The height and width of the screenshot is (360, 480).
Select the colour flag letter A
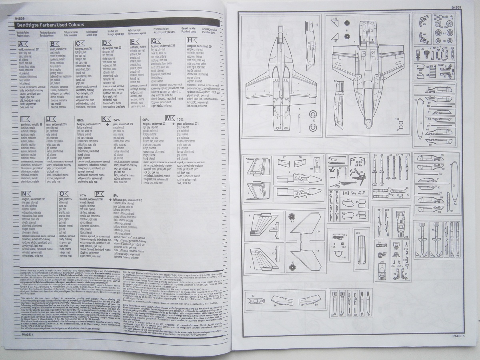[x=23, y=44]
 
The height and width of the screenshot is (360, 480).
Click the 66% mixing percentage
[x=80, y=120]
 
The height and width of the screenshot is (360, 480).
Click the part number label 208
[x=406, y=237]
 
